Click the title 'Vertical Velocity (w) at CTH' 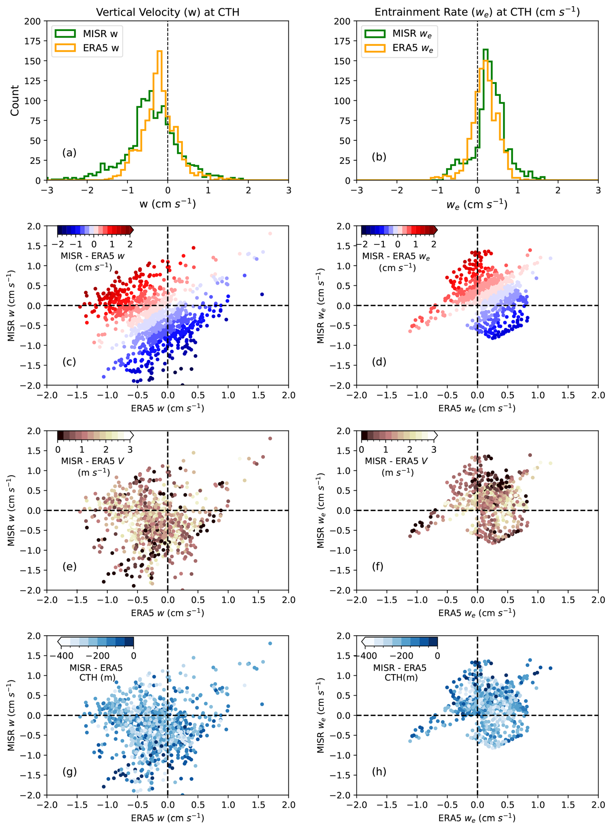point(168,12)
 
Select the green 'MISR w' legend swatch point(65,34)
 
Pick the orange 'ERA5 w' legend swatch point(65,48)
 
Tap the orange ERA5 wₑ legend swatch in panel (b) point(375,48)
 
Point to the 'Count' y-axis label point(15,101)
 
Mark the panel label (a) point(69,153)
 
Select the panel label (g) point(69,771)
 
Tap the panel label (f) point(378,566)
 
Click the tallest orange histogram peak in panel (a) point(160,52)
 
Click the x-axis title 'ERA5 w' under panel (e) point(168,613)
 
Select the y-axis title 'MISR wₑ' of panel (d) point(320,305)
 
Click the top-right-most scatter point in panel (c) point(270,234)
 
